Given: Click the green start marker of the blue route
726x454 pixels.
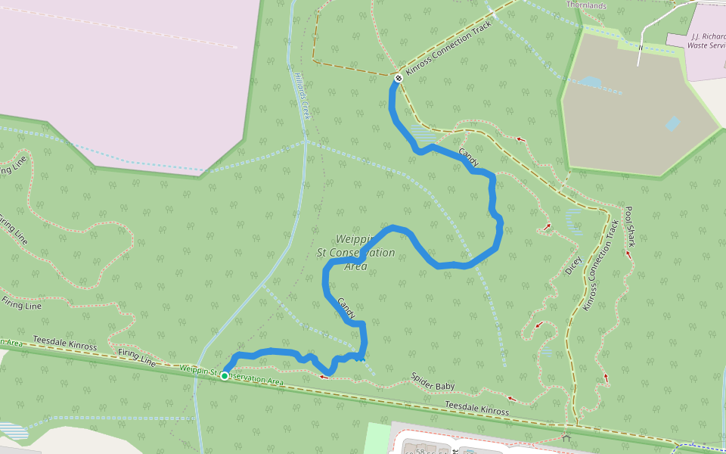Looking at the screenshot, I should [x=225, y=376].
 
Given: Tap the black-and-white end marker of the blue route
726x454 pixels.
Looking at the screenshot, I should [x=399, y=77].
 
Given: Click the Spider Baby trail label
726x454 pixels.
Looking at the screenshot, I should [x=433, y=382].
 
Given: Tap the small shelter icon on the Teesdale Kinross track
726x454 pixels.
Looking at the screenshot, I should [x=566, y=437].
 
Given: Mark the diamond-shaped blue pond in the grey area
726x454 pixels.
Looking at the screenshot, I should [x=672, y=123].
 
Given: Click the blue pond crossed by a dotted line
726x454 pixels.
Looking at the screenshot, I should [x=591, y=81].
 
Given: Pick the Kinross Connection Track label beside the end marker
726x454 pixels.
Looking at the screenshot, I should [x=448, y=48].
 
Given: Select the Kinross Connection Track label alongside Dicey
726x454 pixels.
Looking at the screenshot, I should [x=600, y=266].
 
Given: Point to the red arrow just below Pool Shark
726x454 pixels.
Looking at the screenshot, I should [x=628, y=254].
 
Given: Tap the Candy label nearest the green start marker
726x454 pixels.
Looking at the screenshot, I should [x=346, y=307].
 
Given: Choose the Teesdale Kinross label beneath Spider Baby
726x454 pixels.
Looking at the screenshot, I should [x=476, y=409].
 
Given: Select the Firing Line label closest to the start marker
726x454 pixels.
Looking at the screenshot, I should [x=137, y=358].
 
